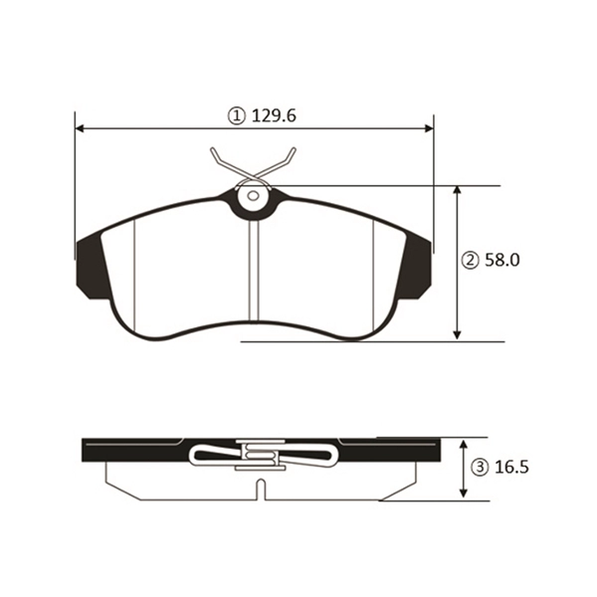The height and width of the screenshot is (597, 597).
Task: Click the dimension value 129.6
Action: click(274, 115)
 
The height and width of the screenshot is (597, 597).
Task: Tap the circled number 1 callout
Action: click(236, 116)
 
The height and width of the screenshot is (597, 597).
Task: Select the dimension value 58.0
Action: click(502, 261)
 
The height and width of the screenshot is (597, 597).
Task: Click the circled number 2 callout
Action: click(471, 261)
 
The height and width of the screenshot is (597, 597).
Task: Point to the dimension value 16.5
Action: click(511, 468)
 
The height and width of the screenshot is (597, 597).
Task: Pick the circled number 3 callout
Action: click(480, 468)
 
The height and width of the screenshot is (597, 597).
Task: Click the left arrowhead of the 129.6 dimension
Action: click(80, 128)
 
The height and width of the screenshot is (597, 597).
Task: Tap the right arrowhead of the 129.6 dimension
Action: click(429, 128)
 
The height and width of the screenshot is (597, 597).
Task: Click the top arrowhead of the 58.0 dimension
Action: click(458, 191)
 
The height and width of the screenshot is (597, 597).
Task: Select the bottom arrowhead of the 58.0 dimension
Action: click(458, 334)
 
